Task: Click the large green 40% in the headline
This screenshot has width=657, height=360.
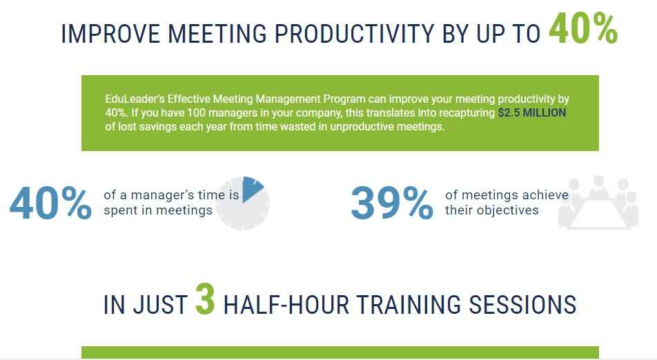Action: tap(583, 28)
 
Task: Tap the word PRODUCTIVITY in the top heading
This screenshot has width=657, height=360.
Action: tap(355, 34)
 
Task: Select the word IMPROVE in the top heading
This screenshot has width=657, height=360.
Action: tap(110, 34)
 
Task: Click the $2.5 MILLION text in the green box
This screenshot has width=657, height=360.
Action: tap(532, 112)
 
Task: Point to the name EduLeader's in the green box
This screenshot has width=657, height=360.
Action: tap(135, 99)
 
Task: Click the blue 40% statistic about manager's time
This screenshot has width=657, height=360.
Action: tap(50, 203)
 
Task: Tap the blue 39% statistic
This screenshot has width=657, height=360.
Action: tap(392, 203)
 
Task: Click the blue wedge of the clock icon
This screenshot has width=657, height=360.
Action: tap(253, 189)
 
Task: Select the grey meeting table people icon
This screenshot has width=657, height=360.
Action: tap(598, 203)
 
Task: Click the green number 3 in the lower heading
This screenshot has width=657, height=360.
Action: tap(205, 299)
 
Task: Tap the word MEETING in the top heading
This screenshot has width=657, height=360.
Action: tap(217, 34)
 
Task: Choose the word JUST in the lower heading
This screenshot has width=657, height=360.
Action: tap(161, 304)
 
